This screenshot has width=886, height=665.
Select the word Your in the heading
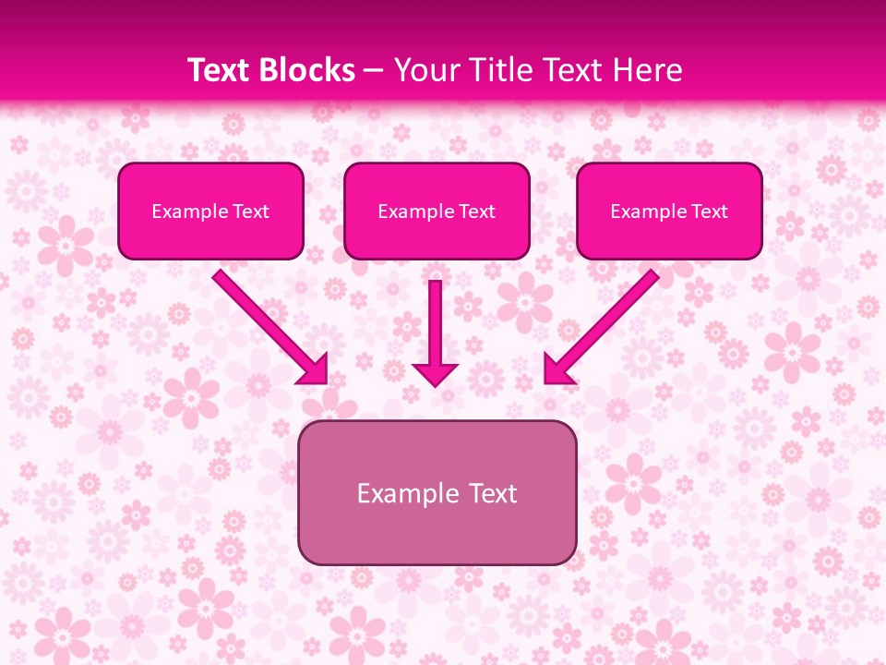pyautogui.click(x=424, y=70)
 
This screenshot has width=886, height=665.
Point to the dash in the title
pyautogui.click(x=374, y=71)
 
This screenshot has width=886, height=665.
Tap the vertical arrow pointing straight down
pyautogui.click(x=435, y=323)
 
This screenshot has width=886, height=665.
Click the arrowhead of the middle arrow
pyautogui.click(x=435, y=373)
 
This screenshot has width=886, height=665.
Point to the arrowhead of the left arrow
pyautogui.click(x=314, y=369)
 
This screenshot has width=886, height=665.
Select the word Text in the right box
pyautogui.click(x=709, y=212)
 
